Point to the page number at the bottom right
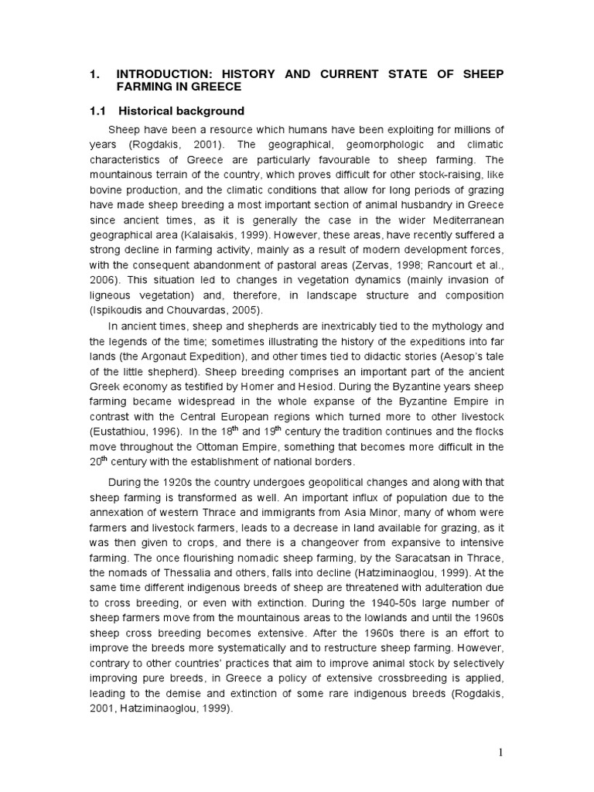coord(502,750)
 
